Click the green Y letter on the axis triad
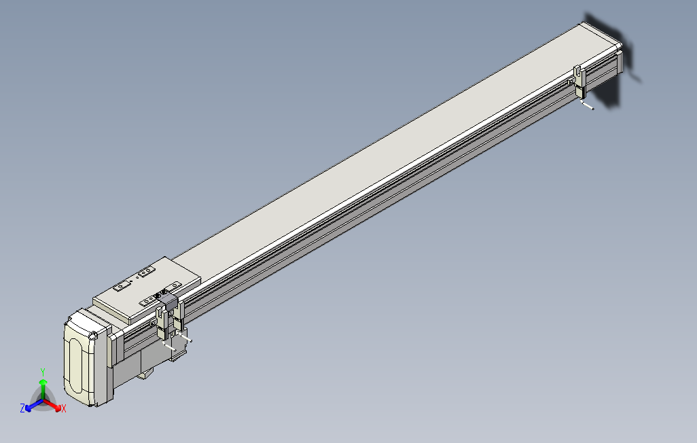coord(43,372)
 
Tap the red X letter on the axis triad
coord(63,408)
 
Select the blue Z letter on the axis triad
coord(22,408)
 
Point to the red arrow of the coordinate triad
coord(54,405)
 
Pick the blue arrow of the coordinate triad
coord(31,406)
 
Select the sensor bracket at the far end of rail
coord(579,82)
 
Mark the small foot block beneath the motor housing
coord(145,374)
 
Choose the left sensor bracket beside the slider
coord(162,322)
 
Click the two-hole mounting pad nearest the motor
coord(122,286)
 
